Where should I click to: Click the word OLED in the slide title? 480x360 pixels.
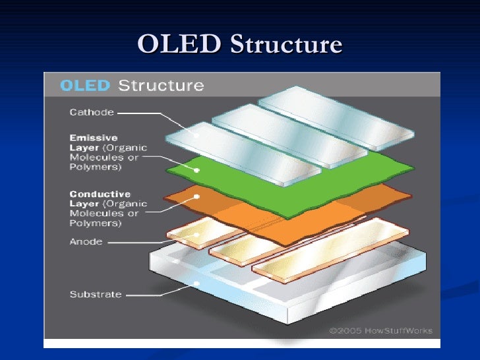point(179,44)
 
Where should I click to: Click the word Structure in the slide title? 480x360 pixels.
point(285,44)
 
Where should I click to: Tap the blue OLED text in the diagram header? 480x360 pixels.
point(86,86)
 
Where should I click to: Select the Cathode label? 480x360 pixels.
point(92,112)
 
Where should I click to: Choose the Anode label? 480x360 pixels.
point(86,241)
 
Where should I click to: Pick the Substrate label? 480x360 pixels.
point(96,294)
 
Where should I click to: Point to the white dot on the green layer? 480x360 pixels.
point(196,170)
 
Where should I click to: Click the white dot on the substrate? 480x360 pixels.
point(196,284)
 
